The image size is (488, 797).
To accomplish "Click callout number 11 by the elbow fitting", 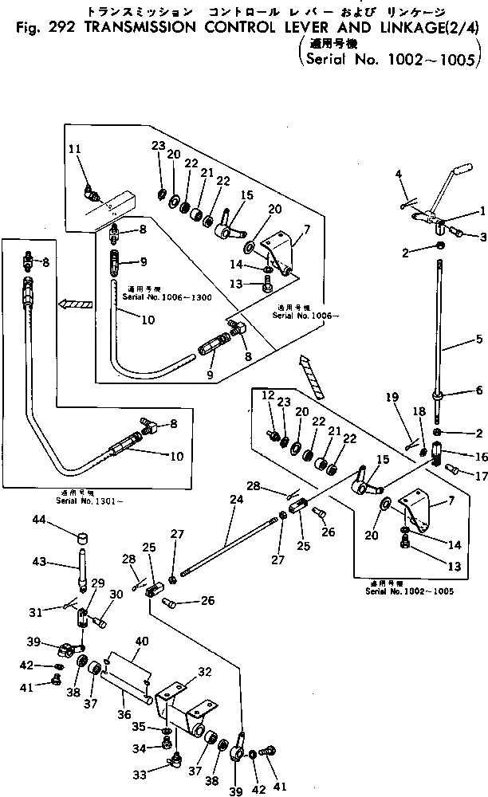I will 74,148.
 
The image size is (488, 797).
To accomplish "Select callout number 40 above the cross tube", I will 141,640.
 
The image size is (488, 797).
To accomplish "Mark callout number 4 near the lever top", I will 399,174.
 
